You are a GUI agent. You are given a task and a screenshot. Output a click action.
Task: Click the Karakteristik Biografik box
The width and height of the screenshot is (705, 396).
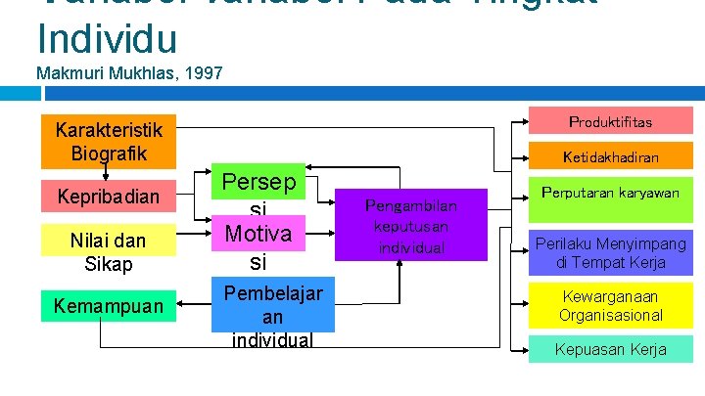[x=108, y=143]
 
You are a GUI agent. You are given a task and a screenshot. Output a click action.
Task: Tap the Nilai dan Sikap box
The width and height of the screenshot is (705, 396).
[x=108, y=251]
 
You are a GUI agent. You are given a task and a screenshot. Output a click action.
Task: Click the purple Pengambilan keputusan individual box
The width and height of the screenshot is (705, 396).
[x=410, y=225]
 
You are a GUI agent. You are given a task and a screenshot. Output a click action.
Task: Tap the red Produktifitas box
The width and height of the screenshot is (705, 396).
[x=610, y=122]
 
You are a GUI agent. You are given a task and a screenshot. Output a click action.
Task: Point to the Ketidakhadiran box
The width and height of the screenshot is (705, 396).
[x=610, y=156]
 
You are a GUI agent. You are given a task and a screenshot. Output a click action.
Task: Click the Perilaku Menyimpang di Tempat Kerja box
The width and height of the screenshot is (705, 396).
[x=610, y=253]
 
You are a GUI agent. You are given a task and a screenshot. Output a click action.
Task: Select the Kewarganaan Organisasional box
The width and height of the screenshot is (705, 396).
[x=610, y=305]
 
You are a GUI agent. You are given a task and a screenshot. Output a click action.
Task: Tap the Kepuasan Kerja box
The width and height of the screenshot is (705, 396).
[x=610, y=349]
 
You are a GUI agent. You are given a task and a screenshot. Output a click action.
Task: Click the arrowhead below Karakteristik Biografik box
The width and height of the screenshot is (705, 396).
[x=105, y=173]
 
